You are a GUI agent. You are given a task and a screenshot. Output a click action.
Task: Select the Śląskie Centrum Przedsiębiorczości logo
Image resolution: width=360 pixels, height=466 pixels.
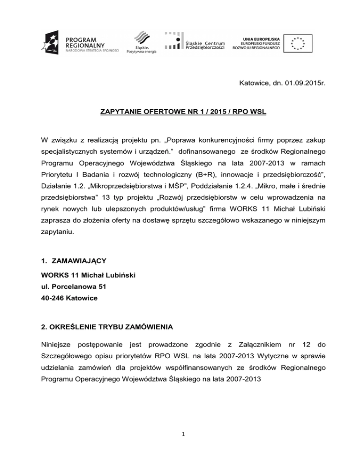(x=194, y=42)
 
